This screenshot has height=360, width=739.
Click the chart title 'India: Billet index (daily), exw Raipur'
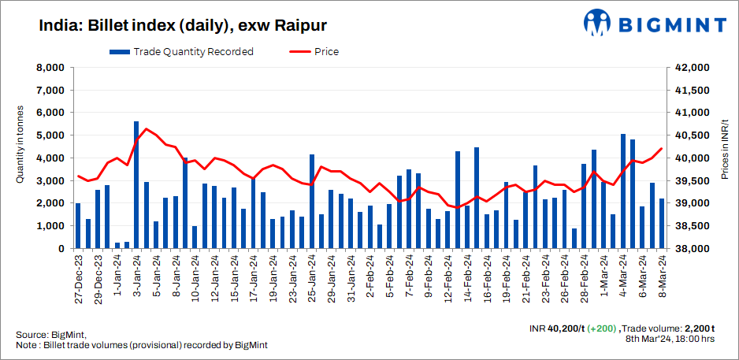click(x=184, y=25)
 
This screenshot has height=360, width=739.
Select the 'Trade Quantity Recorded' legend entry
click(x=181, y=52)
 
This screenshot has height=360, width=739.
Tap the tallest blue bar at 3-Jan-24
click(x=136, y=185)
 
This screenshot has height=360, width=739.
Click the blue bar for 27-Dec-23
click(x=78, y=226)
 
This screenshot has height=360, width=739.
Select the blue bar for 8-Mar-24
click(x=662, y=224)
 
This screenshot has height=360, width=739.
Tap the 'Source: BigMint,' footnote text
click(x=50, y=335)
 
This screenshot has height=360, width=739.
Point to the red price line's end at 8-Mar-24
click(x=662, y=148)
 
